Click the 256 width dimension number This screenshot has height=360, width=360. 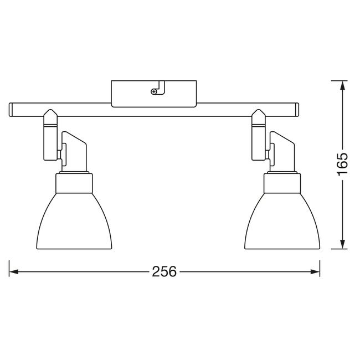click(x=164, y=271)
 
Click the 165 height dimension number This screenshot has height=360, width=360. click(x=342, y=164)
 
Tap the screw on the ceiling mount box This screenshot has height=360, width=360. click(x=153, y=91)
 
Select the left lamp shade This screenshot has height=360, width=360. click(x=74, y=221)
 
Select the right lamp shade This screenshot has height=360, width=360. click(x=282, y=221)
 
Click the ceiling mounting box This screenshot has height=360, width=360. click(x=154, y=94)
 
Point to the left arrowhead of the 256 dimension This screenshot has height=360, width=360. click(x=14, y=272)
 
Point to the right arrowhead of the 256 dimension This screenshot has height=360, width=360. click(x=315, y=272)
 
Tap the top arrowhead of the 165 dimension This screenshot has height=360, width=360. click(x=342, y=86)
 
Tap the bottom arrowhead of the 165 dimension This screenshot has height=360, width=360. click(x=342, y=244)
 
